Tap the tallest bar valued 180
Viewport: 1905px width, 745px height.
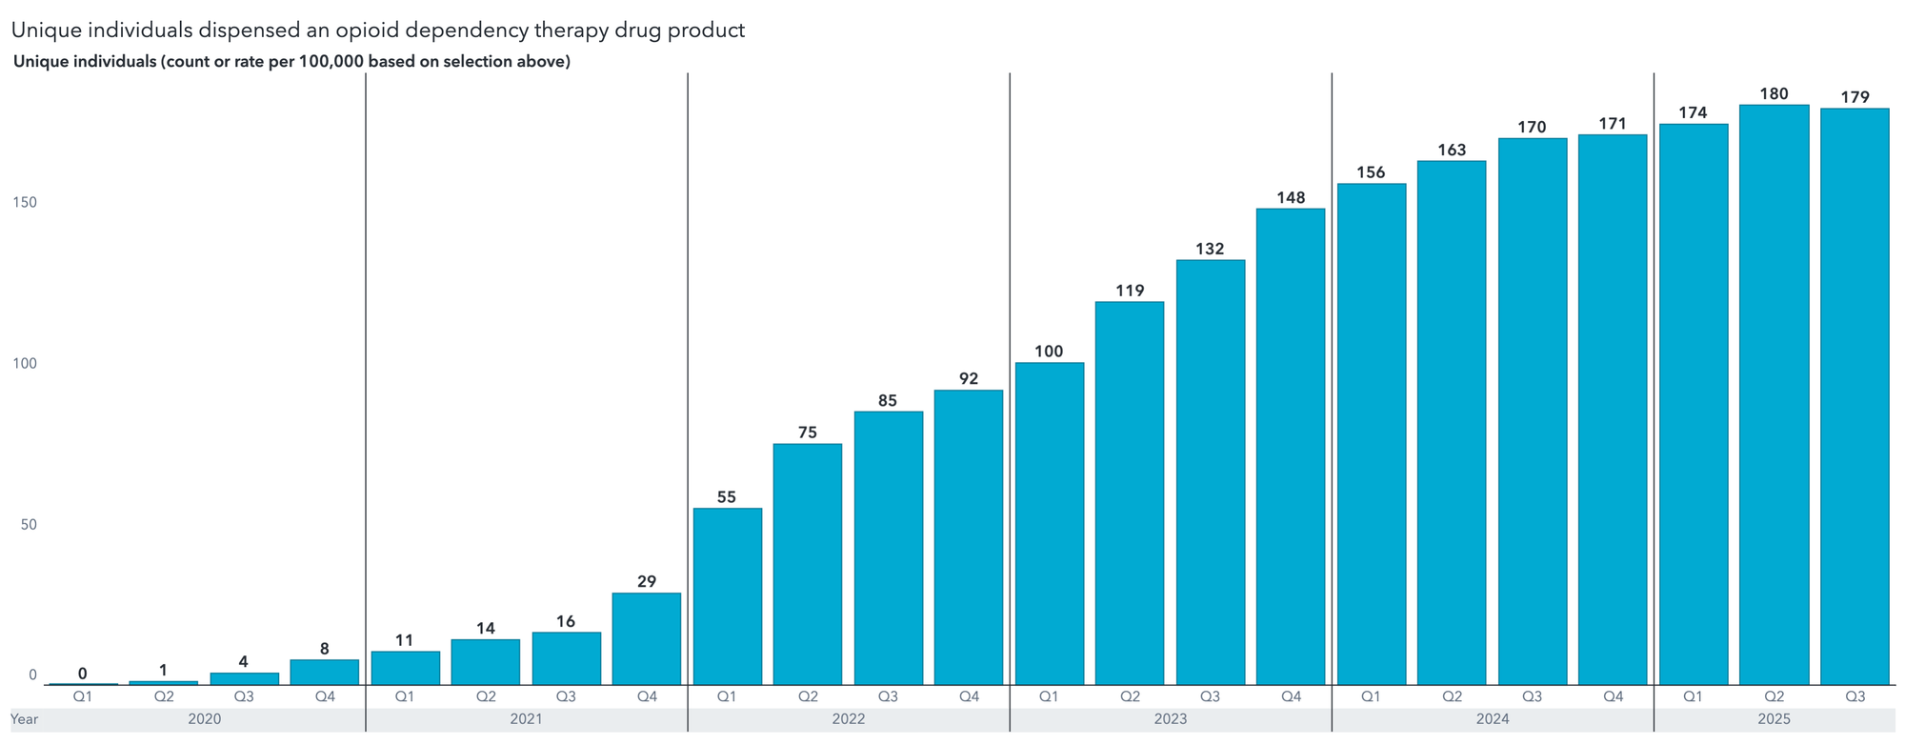(x=1774, y=394)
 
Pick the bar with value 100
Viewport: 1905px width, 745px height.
(x=1049, y=523)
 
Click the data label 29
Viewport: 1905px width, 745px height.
(x=647, y=582)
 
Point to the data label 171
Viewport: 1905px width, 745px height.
(x=1613, y=124)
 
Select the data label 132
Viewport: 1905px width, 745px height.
(x=1210, y=250)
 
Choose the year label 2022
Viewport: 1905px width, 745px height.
(x=849, y=719)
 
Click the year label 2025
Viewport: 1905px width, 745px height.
(x=1774, y=719)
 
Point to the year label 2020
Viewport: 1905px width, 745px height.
(x=204, y=719)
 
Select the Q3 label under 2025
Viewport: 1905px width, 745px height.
(x=1855, y=696)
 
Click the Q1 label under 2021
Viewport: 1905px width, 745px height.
(x=405, y=696)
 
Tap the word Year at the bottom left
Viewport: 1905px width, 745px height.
(x=25, y=719)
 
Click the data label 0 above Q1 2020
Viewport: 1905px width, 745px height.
(x=83, y=674)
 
